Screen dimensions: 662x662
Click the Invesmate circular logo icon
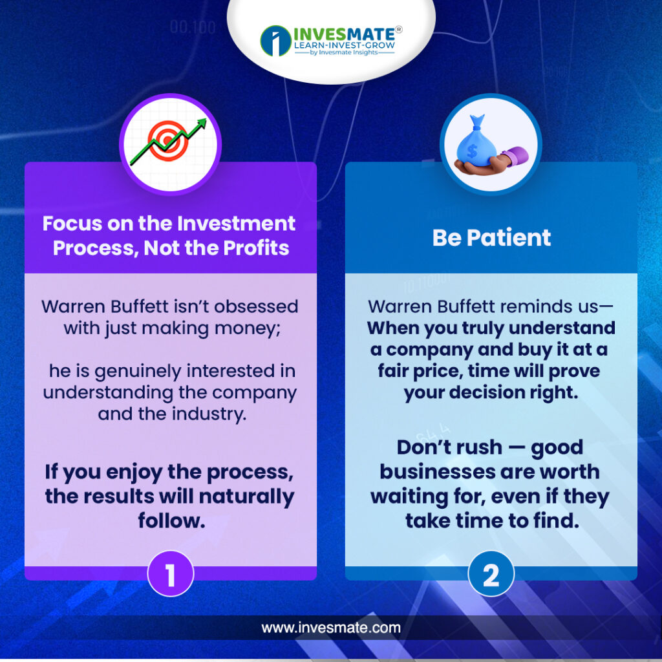pyautogui.click(x=275, y=41)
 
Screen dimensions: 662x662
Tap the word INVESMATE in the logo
pyautogui.click(x=344, y=34)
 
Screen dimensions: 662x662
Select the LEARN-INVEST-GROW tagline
pyautogui.click(x=345, y=45)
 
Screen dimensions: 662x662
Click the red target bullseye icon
pyautogui.click(x=168, y=141)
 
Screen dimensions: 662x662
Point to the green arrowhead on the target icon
pyautogui.click(x=202, y=123)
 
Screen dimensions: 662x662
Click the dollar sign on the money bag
pyautogui.click(x=472, y=151)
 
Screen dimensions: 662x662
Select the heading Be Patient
pyautogui.click(x=491, y=237)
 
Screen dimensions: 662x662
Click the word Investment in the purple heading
pyautogui.click(x=236, y=223)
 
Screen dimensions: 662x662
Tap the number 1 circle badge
pyautogui.click(x=171, y=574)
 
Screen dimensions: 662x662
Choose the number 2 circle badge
pyautogui.click(x=491, y=574)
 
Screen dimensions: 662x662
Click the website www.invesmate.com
pyautogui.click(x=331, y=628)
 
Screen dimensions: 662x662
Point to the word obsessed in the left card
pyautogui.click(x=256, y=306)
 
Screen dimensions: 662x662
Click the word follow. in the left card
pyautogui.click(x=171, y=520)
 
